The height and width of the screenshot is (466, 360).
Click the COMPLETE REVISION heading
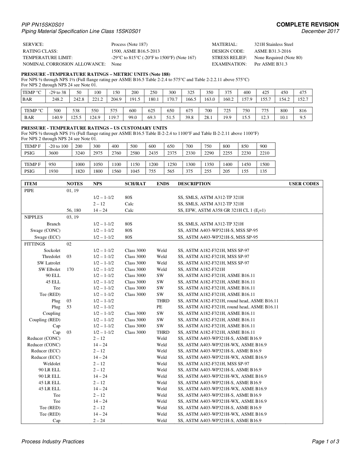[x=307, y=24]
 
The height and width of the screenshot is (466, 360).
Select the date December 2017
[x=320, y=31]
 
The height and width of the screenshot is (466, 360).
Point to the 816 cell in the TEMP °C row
[x=303, y=111]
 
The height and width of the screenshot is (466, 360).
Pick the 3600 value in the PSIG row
[x=53, y=153]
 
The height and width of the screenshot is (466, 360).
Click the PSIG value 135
[x=263, y=171]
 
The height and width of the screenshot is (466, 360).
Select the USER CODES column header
[x=304, y=184]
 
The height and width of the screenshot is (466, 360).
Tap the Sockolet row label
[x=52, y=250]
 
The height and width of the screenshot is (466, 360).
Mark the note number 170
[x=70, y=269]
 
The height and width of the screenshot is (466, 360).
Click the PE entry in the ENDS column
[x=160, y=307]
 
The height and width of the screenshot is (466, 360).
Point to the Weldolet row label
[x=52, y=364]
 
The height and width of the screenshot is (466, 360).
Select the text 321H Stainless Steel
[x=274, y=44]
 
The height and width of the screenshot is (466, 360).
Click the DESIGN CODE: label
[x=228, y=51]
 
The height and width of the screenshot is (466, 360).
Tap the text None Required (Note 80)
[x=278, y=58]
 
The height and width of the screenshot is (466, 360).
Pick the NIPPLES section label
[x=33, y=217]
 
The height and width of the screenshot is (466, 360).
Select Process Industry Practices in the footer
[x=53, y=441]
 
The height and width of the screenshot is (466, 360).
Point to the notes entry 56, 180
[x=74, y=210]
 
